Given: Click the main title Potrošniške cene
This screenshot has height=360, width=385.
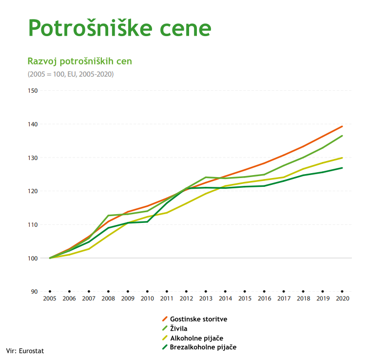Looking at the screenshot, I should pos(120,28).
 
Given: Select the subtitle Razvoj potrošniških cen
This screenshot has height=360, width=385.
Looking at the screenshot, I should pos(80,61).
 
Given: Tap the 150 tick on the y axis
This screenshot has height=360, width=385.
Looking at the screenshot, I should pos(33,91).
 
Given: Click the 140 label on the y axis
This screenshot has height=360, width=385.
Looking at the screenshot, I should pos(33,124).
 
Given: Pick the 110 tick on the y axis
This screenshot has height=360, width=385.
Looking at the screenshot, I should pos(33,225).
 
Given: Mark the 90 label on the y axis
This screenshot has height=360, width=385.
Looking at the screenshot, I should pos(34,292).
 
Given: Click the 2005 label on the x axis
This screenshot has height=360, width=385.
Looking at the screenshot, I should pos(50,299).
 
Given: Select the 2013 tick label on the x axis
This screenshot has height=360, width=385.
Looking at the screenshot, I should pos(206,299).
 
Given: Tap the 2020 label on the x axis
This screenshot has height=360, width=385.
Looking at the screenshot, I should pos(342,299).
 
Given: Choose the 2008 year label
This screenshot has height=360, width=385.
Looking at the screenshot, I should pos(108,299).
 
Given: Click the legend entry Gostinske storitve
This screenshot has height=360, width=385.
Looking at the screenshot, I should pos(198,319).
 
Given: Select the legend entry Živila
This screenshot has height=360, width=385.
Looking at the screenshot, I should pos(179,328).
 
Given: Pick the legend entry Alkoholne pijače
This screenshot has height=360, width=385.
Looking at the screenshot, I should pos(196,338).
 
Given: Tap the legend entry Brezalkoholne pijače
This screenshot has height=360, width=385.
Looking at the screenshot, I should pos(203,347).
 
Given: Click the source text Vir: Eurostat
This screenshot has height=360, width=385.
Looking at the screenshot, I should pos(25,350).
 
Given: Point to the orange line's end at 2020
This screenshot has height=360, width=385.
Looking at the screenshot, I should pos(342,126).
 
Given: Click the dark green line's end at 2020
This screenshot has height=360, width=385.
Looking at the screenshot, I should pos(342,168).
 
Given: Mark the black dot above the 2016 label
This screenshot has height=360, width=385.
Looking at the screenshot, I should pos(264,291).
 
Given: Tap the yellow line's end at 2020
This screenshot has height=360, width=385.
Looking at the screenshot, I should pos(342,158).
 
